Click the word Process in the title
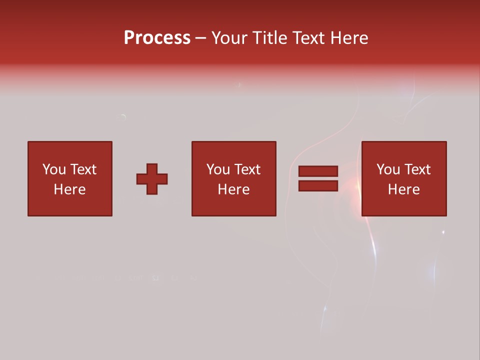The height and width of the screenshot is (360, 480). pos(157,38)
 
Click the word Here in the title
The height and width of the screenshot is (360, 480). pos(349,38)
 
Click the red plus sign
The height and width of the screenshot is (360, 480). pos(152,178)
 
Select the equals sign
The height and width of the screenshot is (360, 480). pos(318,178)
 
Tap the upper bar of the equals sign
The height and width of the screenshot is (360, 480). pos(318,171)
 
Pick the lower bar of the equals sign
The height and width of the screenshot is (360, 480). pos(318,186)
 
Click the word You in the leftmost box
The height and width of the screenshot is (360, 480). pos(54,169)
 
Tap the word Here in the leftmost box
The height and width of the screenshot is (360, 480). pos(69,189)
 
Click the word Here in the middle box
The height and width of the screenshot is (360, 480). pos(233,189)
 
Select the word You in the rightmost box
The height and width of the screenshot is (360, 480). pos(388,169)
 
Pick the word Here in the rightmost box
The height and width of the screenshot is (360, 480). pos(403,189)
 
